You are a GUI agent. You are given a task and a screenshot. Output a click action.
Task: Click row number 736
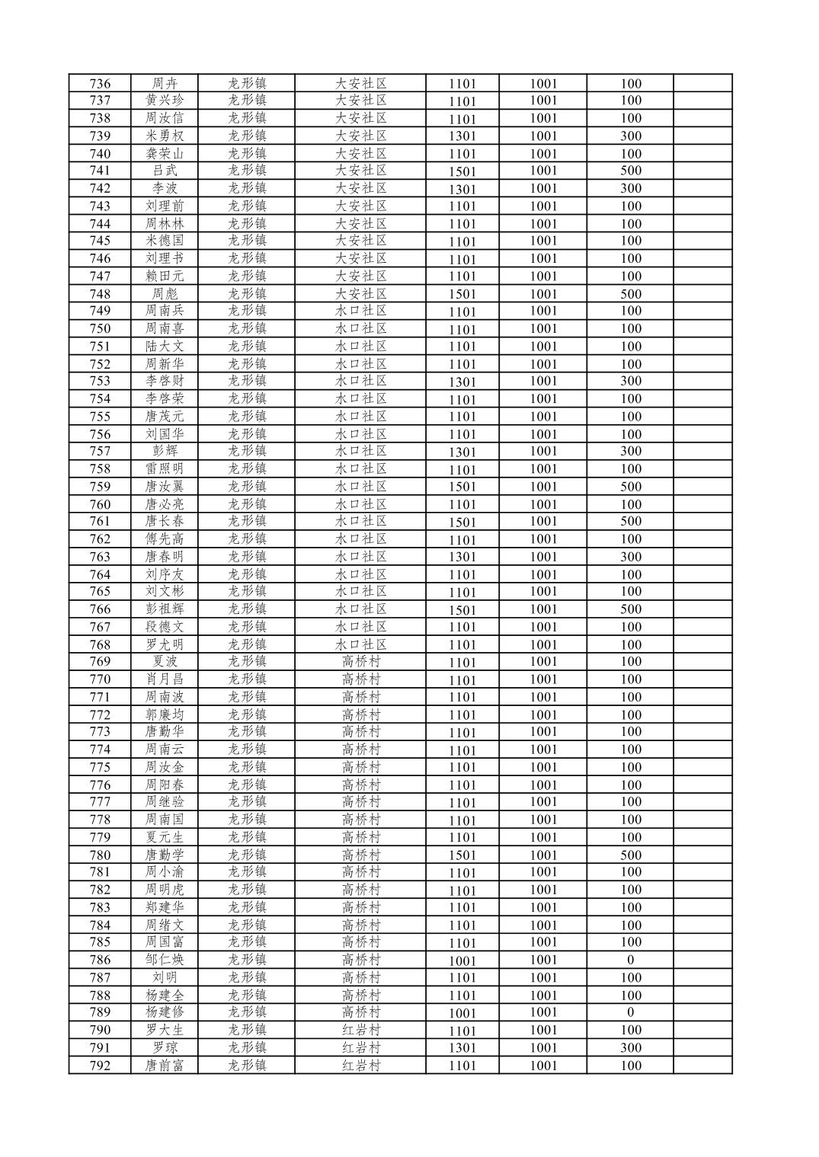100,84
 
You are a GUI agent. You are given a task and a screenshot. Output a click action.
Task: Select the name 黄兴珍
165,101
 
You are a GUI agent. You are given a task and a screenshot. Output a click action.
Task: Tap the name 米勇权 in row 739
165,136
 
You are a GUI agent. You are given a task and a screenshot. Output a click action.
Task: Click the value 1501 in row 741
462,171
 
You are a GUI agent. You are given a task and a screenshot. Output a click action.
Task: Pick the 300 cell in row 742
630,188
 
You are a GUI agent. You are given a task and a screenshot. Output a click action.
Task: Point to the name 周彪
165,293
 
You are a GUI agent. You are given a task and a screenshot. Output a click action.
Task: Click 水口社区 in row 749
361,311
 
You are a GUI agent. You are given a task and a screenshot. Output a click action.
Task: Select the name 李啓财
165,381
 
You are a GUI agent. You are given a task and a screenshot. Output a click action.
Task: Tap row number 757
100,451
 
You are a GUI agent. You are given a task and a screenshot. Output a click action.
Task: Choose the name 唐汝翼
165,486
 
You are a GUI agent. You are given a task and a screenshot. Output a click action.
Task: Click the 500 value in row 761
630,521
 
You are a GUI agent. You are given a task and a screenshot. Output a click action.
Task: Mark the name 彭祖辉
165,609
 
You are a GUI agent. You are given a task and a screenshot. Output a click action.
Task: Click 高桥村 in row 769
361,661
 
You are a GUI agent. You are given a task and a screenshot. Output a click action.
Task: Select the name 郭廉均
165,714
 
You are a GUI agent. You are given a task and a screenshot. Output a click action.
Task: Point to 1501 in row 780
462,855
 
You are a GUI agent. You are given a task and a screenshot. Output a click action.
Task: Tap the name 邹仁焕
165,960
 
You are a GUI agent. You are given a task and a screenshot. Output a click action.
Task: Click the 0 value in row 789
630,1012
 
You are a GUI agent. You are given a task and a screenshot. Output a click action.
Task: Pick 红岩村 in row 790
361,1030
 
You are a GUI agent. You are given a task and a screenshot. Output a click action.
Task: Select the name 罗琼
165,1047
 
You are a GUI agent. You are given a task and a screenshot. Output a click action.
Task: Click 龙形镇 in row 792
247,1065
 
